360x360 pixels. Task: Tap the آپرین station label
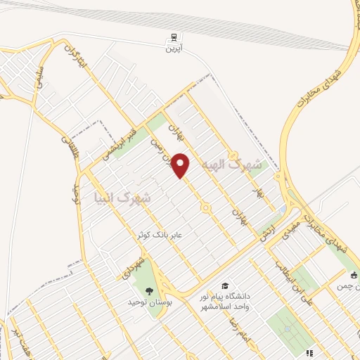[x=173, y=50]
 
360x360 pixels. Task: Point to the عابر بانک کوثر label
[x=179, y=235]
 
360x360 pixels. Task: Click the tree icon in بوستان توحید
[x=148, y=290]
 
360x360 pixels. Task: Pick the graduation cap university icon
[x=224, y=285]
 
